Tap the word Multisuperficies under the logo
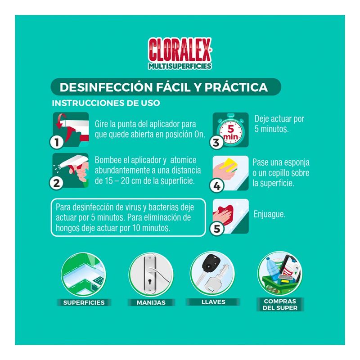180,66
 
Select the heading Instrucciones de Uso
106,103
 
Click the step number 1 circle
57,142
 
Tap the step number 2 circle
57,183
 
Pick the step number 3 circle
216,142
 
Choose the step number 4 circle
216,185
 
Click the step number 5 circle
216,229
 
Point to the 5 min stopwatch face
231,132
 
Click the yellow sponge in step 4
229,165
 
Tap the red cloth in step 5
224,213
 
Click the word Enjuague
269,215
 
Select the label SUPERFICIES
84,302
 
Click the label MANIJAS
151,302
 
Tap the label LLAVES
213,302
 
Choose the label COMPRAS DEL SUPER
280,305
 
